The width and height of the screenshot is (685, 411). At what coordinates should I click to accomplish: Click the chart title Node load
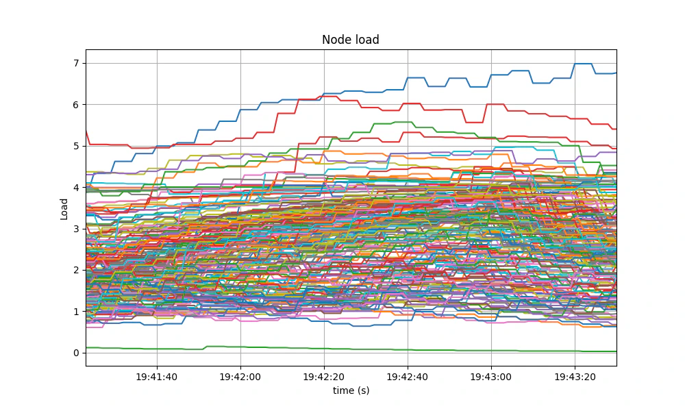[x=350, y=40]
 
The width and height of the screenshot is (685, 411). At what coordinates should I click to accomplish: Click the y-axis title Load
[x=64, y=208]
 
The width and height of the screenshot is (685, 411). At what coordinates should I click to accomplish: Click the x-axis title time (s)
[x=350, y=390]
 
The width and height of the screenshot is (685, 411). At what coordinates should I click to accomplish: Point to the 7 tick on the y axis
[x=76, y=64]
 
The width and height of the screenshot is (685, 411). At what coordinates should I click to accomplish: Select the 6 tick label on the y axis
[x=76, y=105]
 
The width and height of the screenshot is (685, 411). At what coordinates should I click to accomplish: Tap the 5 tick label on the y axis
[x=76, y=146]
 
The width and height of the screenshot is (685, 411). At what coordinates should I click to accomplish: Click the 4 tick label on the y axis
[x=76, y=188]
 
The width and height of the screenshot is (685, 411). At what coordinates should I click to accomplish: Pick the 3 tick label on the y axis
[x=76, y=229]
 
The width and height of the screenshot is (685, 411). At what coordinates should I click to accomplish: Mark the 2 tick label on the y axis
[x=76, y=270]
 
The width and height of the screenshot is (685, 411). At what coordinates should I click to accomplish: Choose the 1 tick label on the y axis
[x=76, y=312]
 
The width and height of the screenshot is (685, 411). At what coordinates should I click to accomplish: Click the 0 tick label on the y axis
[x=76, y=353]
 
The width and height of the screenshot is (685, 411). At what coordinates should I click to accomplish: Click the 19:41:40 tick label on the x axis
[x=157, y=377]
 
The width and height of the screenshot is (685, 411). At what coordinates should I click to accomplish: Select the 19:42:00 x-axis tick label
[x=240, y=377]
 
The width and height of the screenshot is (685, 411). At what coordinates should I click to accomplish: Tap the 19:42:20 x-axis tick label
[x=324, y=377]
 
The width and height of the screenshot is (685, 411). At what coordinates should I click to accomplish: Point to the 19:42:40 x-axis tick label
[x=408, y=377]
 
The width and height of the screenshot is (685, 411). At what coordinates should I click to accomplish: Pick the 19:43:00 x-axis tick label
[x=491, y=377]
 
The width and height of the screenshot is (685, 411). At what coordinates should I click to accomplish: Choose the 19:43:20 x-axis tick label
[x=575, y=377]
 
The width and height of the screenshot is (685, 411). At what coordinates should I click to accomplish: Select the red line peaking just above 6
[x=329, y=97]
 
